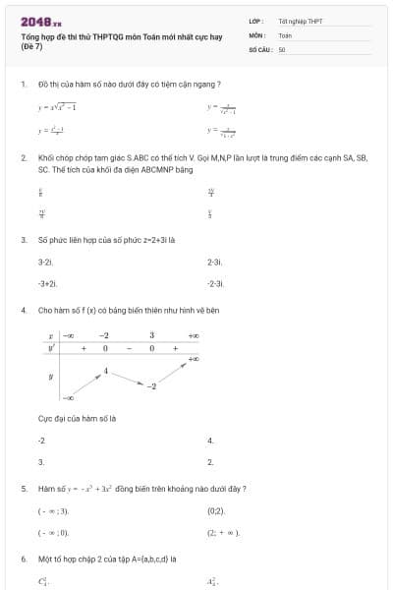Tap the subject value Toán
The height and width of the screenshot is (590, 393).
pos(285,34)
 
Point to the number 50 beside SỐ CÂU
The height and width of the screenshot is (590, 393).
pos(282,48)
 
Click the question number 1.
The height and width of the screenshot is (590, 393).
pos(23,85)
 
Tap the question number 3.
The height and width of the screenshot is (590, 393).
pos(23,239)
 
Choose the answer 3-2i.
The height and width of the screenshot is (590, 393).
pos(45,263)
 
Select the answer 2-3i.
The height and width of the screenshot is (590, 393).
pos(216,263)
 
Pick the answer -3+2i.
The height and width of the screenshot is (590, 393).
pos(47,283)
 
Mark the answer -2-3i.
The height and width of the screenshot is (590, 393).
pos(217,283)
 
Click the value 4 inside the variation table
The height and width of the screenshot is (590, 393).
pos(106,371)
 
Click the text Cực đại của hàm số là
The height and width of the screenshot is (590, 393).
pos(77,418)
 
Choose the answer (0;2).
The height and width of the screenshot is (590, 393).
pos(216,511)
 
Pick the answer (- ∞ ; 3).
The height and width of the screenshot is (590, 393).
pos(53,511)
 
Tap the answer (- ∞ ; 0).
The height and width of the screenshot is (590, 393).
pos(53,533)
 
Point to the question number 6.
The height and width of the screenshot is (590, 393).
pos(23,559)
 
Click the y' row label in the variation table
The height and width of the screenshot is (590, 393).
pos(49,348)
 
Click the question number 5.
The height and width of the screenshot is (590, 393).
pos(23,488)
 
